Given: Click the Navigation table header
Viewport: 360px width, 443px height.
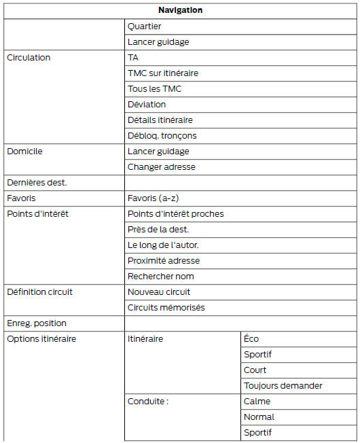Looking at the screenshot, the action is [x=180, y=10].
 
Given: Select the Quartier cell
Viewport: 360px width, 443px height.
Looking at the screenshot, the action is [x=144, y=26].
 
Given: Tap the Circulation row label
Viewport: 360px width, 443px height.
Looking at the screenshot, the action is [x=29, y=58].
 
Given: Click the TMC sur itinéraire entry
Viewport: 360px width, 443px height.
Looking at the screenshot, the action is [x=163, y=73].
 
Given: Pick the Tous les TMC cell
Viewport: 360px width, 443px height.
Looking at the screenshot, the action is [x=154, y=89].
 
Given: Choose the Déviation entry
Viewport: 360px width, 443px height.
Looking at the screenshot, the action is [x=147, y=105].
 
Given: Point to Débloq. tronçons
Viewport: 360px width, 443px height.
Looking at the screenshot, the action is [x=162, y=136].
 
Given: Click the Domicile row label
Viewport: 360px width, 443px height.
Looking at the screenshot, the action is [x=24, y=152].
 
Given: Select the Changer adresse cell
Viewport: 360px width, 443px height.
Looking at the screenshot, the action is [x=161, y=167].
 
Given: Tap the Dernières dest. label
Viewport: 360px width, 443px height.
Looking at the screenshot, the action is [x=37, y=183].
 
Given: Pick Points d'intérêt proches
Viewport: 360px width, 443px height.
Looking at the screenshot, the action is [x=175, y=214].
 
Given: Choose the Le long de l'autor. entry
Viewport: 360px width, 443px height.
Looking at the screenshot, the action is [x=163, y=245].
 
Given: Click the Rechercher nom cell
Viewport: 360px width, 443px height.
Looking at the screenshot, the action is [x=161, y=277].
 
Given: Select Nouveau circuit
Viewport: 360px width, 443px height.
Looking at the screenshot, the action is [x=159, y=292].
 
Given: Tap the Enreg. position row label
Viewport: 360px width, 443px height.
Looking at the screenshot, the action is [x=37, y=323].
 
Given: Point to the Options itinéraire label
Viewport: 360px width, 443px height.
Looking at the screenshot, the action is [x=41, y=339].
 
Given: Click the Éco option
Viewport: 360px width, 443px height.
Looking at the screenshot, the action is [x=251, y=339].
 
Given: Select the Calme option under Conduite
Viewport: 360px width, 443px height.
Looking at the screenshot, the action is [x=257, y=402].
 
